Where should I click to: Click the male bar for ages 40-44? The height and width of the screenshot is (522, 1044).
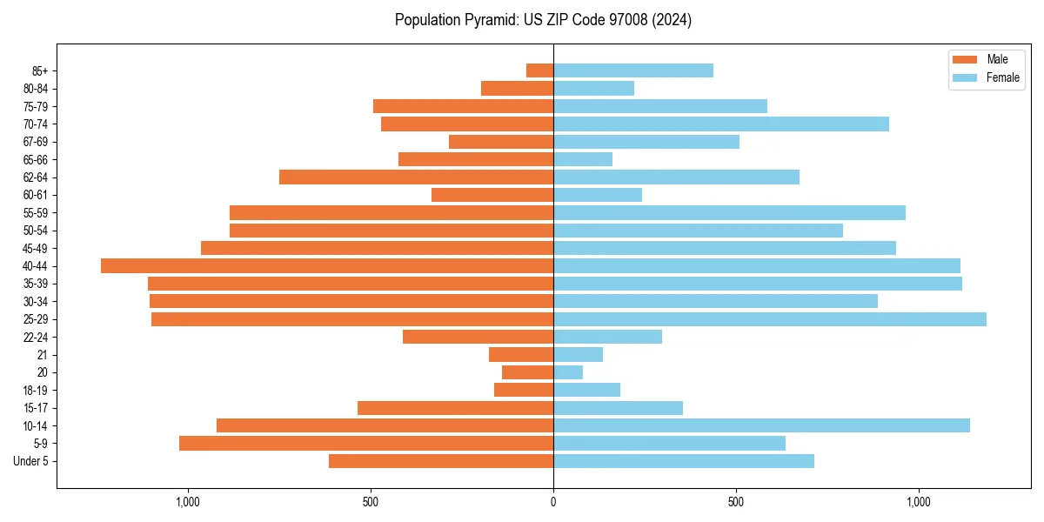click(x=327, y=266)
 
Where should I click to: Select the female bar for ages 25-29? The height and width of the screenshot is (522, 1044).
click(x=770, y=319)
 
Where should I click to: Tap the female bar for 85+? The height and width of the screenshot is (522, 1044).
click(x=633, y=70)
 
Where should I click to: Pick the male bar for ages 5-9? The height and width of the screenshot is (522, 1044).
click(x=366, y=444)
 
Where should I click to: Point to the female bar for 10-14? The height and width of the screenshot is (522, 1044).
click(x=761, y=425)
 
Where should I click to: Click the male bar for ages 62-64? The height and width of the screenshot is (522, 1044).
click(x=416, y=177)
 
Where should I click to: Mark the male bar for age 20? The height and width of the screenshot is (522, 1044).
click(x=527, y=372)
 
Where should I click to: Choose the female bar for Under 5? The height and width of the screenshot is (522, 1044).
click(x=684, y=461)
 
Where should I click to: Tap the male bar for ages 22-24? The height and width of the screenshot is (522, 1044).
click(x=478, y=337)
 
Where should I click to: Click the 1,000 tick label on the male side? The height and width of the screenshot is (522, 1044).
click(x=188, y=502)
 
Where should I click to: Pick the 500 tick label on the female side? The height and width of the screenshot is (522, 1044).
click(x=736, y=502)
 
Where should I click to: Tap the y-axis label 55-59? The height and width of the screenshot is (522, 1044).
click(x=36, y=213)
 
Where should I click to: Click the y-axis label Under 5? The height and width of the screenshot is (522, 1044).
click(x=30, y=461)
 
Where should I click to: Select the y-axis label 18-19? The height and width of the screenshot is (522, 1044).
click(x=36, y=391)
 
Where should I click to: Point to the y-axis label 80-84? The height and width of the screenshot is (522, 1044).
click(x=36, y=89)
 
